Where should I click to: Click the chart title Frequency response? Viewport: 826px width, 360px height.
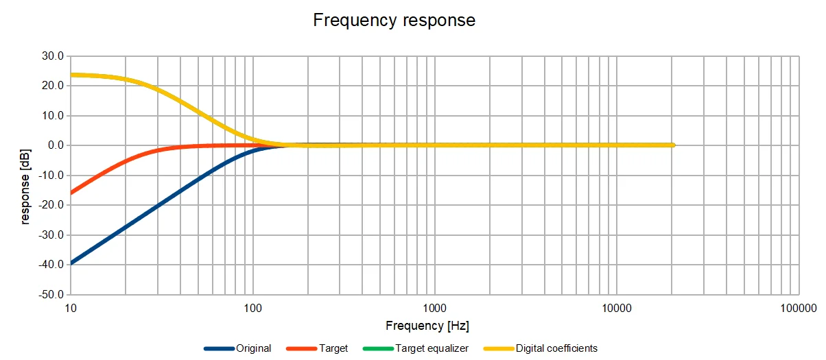point(394,20)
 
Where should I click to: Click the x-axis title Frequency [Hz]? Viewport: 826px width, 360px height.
point(427,326)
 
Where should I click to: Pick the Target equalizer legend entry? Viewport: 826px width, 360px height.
point(432,348)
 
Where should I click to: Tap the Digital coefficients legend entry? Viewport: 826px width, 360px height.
point(556,348)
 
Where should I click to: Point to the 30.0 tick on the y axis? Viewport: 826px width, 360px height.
point(52,56)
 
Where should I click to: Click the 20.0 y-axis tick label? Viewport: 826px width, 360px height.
point(52,86)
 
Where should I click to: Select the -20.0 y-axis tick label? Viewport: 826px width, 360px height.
point(51,205)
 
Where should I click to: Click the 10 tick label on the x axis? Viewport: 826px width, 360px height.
point(70,309)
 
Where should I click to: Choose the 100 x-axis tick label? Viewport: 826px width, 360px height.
point(252,309)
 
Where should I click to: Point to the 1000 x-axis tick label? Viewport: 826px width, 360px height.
point(434,309)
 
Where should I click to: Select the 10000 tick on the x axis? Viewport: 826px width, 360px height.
point(617,309)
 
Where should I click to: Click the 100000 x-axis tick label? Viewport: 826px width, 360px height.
point(799,309)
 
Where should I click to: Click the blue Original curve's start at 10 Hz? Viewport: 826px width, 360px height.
point(71,263)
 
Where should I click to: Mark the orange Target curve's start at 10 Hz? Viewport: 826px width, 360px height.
point(71,192)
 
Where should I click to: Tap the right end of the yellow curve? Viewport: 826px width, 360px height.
point(673,145)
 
